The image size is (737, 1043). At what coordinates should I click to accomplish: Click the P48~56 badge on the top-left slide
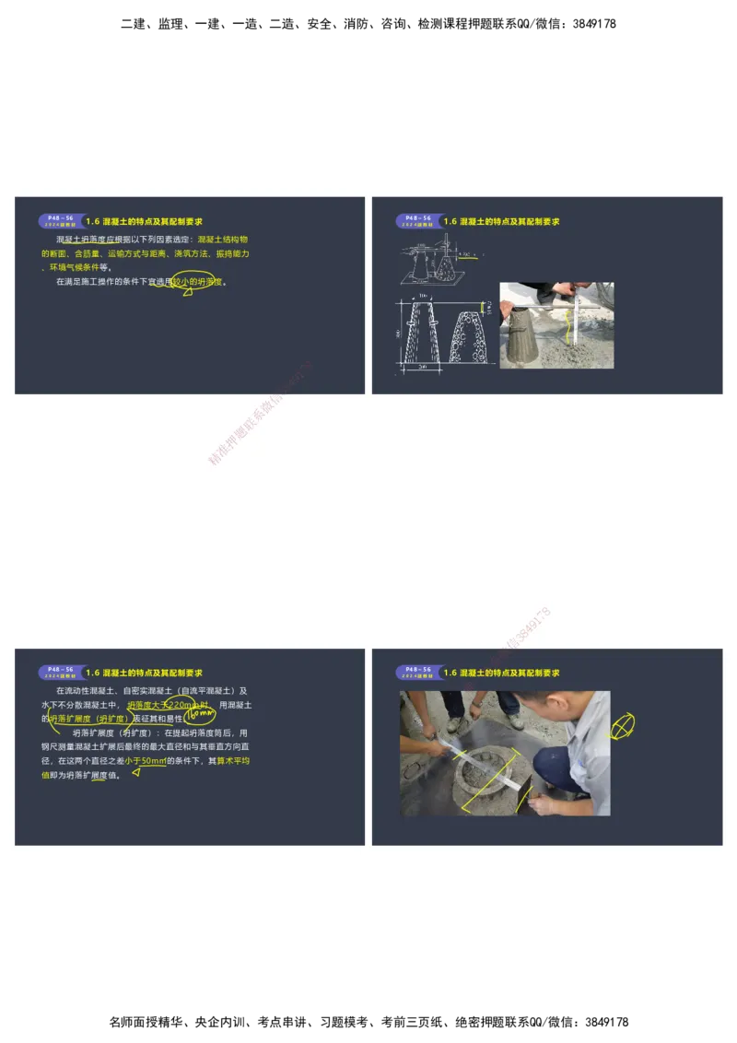(59, 221)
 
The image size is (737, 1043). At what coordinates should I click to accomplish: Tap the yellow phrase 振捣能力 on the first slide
(233, 252)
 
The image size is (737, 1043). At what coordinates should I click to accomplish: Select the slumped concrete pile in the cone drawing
(464, 338)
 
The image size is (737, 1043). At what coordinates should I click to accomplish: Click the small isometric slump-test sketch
(433, 260)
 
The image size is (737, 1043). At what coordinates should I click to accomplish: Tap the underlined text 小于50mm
(146, 761)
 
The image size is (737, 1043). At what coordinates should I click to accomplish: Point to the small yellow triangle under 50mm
(135, 773)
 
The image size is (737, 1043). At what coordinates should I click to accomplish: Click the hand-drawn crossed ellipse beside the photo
(623, 726)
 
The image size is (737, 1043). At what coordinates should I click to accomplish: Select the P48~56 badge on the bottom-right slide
(416, 673)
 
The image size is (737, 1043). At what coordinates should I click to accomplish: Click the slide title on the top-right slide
(501, 222)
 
